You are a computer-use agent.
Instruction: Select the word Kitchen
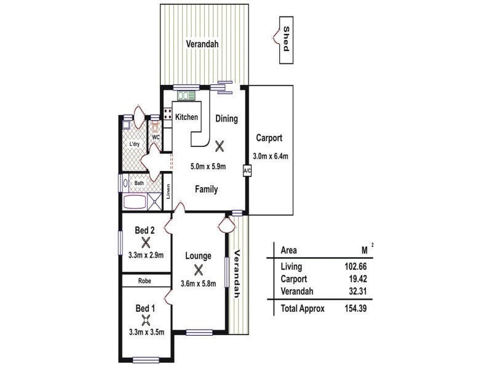coord(186,117)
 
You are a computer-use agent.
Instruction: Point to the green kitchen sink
coord(185,95)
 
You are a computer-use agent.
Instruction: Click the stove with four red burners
coord(167,113)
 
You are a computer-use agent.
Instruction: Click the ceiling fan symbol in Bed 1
coord(146,319)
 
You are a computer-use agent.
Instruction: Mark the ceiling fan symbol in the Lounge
coord(198,269)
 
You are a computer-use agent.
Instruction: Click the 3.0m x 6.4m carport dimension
coord(271,156)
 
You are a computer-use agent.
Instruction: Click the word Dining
coord(226,119)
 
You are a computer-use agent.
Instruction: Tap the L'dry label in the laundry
coord(135,145)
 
